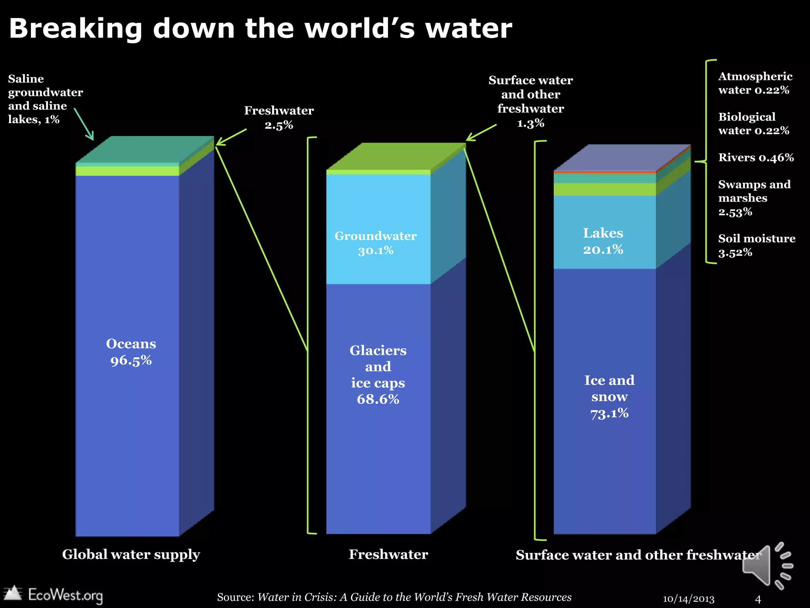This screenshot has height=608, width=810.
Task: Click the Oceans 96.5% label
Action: pos(131,352)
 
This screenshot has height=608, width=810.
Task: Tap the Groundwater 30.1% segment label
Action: pos(375,243)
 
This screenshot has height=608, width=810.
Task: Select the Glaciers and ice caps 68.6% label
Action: pos(378,374)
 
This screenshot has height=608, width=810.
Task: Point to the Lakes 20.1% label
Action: pos(603,241)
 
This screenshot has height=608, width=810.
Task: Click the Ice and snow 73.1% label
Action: pos(609,397)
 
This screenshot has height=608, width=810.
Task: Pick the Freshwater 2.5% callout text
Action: pos(278,118)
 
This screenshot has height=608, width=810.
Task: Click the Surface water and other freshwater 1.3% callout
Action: pos(530,101)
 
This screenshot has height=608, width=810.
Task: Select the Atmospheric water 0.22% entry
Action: pos(755,83)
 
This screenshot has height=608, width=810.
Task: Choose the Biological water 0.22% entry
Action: pos(753,123)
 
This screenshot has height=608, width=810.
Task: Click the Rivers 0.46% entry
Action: pos(756,158)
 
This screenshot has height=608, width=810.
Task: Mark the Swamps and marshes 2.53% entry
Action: pos(753,198)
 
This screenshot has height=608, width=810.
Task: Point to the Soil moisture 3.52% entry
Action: pos(756,245)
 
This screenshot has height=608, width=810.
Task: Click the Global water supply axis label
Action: pos(131,555)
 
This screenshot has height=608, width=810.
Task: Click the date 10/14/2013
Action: pos(688,599)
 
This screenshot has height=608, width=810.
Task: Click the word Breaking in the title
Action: pos(75,29)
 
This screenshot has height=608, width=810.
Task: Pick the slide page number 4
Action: pos(758,599)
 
